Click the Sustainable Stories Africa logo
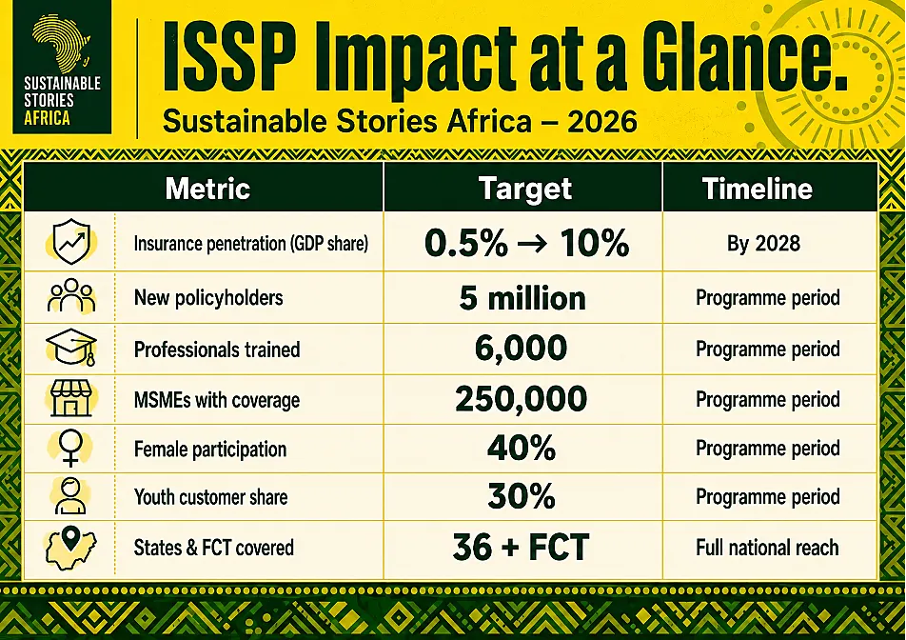pyautogui.click(x=62, y=67)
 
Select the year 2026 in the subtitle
pyautogui.click(x=602, y=121)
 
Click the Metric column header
pyautogui.click(x=207, y=189)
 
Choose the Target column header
pyautogui.click(x=524, y=189)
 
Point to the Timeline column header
pyautogui.click(x=757, y=189)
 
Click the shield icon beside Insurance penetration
pyautogui.click(x=71, y=241)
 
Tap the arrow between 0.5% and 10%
pyautogui.click(x=532, y=244)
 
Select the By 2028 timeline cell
pyautogui.click(x=763, y=244)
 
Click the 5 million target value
pyautogui.click(x=522, y=298)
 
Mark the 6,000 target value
pyautogui.click(x=521, y=348)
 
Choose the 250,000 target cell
pyautogui.click(x=521, y=399)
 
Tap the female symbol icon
pyautogui.click(x=70, y=448)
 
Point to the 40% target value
pyautogui.click(x=522, y=448)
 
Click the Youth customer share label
pyautogui.click(x=210, y=497)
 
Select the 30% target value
pyautogui.click(x=522, y=496)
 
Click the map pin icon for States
pyautogui.click(x=70, y=538)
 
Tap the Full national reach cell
pyautogui.click(x=767, y=548)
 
